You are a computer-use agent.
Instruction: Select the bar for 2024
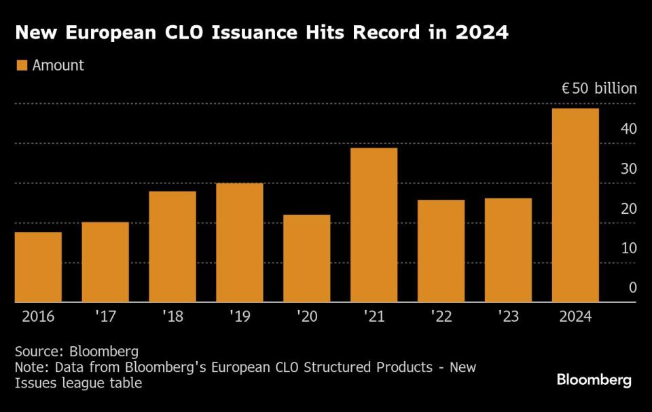tap(575, 205)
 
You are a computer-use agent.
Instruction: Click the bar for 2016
tap(38, 267)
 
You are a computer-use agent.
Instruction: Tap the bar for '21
tap(374, 225)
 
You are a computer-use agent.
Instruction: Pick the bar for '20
tap(306, 258)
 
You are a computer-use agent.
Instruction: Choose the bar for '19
tap(239, 242)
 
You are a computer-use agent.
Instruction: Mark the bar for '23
tap(508, 250)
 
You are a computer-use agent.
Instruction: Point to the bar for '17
tap(105, 261)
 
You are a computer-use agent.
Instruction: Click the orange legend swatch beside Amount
tap(21, 66)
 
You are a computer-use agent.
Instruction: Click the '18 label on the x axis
tap(172, 317)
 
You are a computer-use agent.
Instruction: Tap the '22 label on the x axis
tap(441, 317)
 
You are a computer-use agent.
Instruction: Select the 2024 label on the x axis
tap(575, 317)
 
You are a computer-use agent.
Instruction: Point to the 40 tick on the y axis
tap(628, 129)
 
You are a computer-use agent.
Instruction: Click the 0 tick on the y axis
tap(632, 288)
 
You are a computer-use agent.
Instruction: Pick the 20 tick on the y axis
tap(628, 208)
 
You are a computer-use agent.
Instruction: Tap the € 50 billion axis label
tap(598, 89)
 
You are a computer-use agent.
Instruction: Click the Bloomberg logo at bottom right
tap(594, 380)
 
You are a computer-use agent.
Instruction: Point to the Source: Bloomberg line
tap(76, 352)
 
